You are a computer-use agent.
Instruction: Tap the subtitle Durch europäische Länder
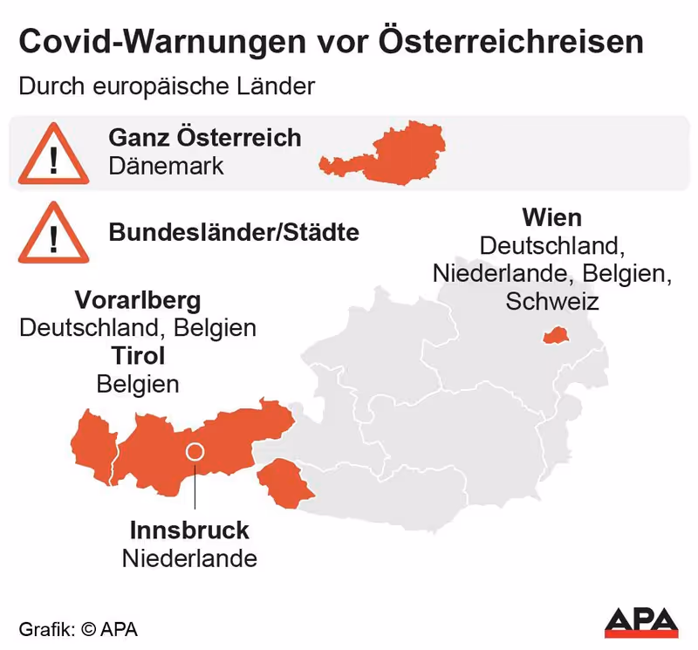[165, 87]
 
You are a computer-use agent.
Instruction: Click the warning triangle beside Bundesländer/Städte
[53, 233]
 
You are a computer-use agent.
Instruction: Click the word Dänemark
[167, 166]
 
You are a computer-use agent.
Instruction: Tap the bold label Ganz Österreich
[205, 138]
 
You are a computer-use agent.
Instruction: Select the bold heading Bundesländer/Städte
[234, 233]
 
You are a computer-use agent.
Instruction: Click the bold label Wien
[552, 217]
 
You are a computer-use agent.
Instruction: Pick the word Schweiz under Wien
[552, 301]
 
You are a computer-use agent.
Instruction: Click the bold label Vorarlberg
[138, 301]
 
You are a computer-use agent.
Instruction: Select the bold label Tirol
[138, 356]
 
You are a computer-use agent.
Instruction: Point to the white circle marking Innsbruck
[195, 452]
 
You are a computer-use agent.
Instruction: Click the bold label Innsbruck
[189, 530]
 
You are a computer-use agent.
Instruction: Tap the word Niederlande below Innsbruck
[189, 558]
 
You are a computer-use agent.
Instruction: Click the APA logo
[641, 621]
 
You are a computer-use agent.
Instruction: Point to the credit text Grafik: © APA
[79, 628]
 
